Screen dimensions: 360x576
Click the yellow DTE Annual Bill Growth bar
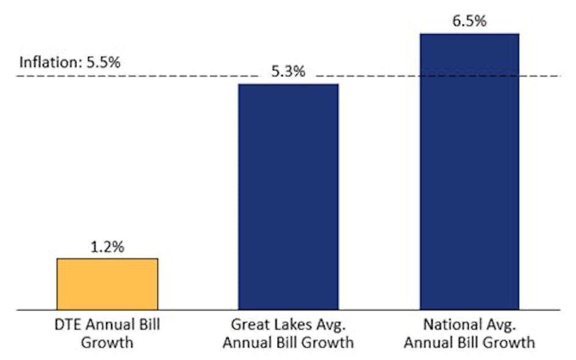click(107, 284)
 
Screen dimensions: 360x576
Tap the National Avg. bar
click(469, 171)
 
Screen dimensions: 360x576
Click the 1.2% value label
click(107, 247)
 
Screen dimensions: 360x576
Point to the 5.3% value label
click(288, 72)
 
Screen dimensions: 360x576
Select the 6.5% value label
click(469, 22)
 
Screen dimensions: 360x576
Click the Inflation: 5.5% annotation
click(70, 62)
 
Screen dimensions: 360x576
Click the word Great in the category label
click(248, 324)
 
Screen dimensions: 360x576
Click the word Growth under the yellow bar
click(107, 342)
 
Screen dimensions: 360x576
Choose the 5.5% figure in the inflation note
click(104, 62)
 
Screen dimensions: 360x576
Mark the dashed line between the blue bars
click(378, 76)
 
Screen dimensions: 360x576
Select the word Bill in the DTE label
click(146, 324)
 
